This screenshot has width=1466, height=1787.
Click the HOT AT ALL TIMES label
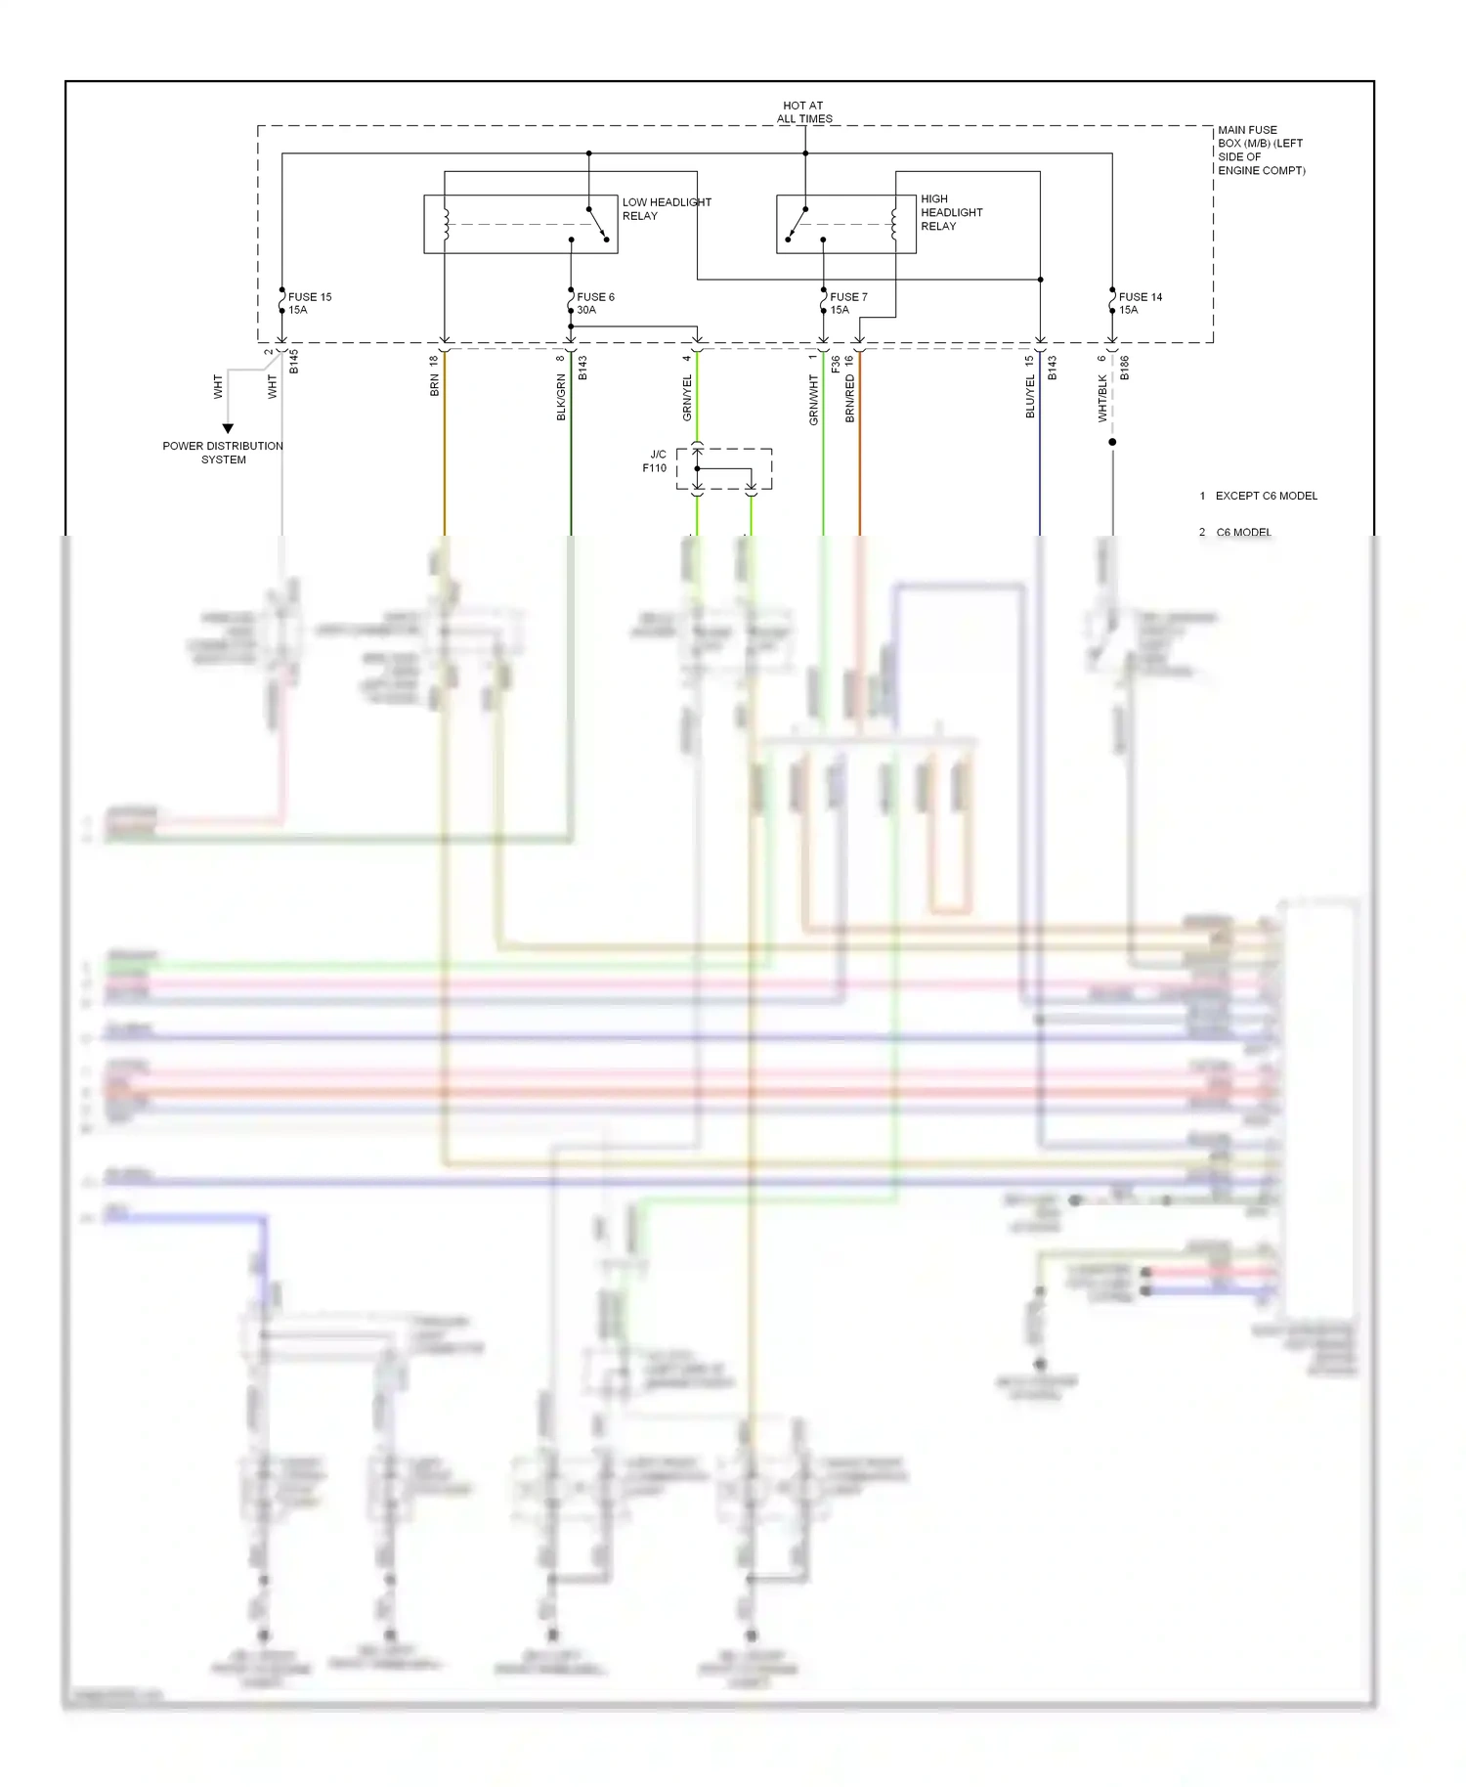tap(803, 112)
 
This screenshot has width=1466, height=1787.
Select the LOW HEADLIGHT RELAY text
tap(666, 209)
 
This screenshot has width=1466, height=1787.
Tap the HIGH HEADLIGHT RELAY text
tap(950, 212)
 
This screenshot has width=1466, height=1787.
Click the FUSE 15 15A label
tap(309, 303)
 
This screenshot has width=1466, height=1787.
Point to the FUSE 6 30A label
tap(594, 303)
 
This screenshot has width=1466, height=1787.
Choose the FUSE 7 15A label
tap(847, 303)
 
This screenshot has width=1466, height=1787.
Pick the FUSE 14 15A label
tap(1140, 303)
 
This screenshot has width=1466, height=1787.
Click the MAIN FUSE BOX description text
tap(1260, 150)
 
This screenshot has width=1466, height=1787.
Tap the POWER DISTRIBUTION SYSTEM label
tap(223, 453)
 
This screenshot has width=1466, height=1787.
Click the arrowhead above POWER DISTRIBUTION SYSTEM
tap(228, 428)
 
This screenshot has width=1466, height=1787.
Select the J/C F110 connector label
tap(655, 461)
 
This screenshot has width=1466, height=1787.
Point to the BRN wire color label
tap(435, 385)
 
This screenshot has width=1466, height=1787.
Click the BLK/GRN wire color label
tap(561, 398)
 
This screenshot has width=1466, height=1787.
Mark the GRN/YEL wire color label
tap(687, 399)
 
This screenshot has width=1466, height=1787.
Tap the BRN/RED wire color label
tap(849, 399)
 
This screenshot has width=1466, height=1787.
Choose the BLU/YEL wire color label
tap(1030, 397)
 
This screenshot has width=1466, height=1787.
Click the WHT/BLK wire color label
tap(1102, 399)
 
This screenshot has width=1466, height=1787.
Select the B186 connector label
tap(1125, 368)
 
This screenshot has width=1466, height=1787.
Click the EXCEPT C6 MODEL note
tap(1266, 496)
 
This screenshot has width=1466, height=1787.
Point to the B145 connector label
tap(293, 362)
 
